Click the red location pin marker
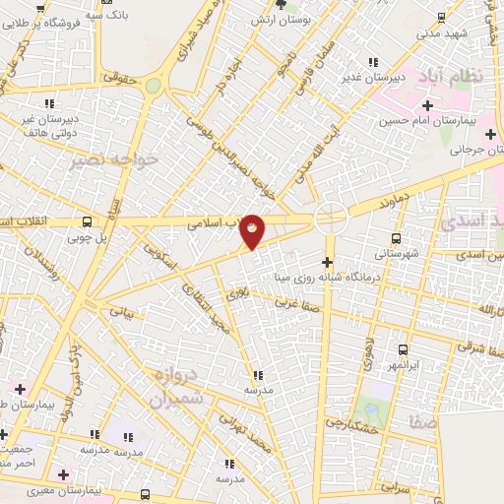(253, 230)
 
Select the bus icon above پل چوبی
(88, 221)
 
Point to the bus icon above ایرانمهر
(403, 349)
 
